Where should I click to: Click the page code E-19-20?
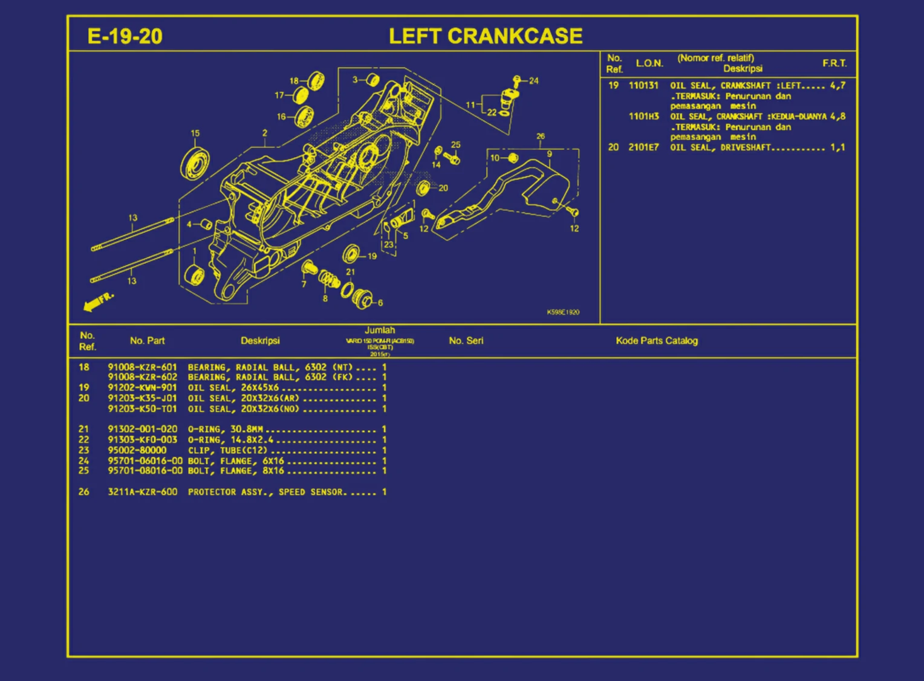tap(125, 36)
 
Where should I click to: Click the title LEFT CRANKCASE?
tap(486, 36)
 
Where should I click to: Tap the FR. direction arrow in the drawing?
tap(98, 302)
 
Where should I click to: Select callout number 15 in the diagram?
tap(195, 134)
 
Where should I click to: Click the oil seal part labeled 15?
tap(195, 163)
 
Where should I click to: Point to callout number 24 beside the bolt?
tap(533, 81)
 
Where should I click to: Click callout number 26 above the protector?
tap(540, 137)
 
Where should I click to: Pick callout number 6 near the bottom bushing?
tap(380, 303)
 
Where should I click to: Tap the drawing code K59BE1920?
tap(563, 312)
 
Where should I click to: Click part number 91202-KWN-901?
tap(142, 388)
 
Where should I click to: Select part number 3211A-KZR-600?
tap(142, 492)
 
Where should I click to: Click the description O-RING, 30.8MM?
tap(225, 429)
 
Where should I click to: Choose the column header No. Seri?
tap(466, 341)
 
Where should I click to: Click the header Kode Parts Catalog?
tap(657, 341)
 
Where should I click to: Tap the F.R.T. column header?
tap(834, 63)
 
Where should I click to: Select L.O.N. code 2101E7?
tap(643, 147)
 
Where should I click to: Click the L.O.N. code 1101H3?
tap(643, 117)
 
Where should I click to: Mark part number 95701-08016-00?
tap(145, 471)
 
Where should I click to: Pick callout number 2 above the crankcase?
tap(265, 134)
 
